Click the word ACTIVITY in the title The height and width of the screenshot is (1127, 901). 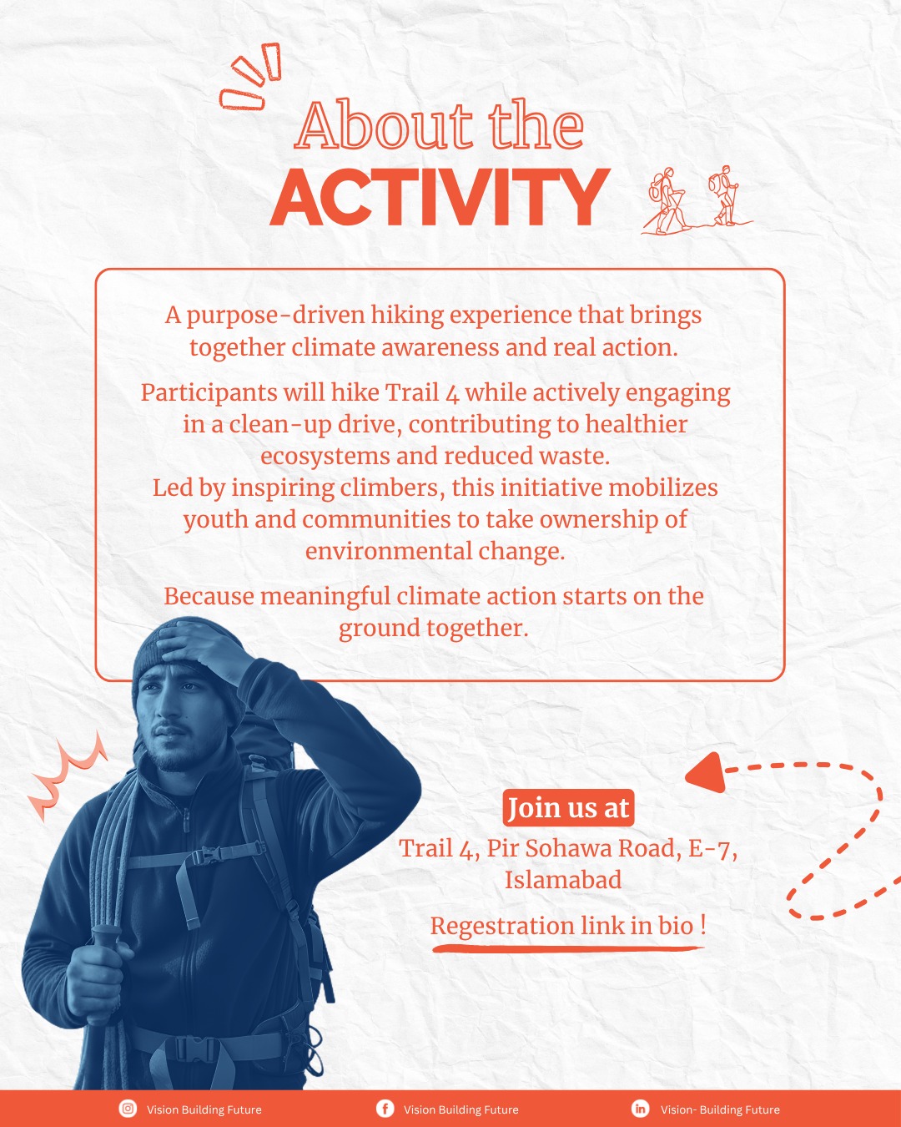tap(440, 198)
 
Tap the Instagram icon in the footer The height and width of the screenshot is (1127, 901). tap(128, 1108)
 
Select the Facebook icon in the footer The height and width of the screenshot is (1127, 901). tap(385, 1108)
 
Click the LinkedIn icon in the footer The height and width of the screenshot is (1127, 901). tap(640, 1108)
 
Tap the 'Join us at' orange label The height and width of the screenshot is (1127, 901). tap(568, 807)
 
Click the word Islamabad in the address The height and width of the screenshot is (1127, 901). tap(563, 880)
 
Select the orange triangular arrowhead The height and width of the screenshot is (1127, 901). tap(707, 771)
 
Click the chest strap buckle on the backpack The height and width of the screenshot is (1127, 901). tap(204, 857)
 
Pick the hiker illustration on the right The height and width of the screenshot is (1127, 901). tap(725, 195)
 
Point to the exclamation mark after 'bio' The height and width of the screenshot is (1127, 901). tap(702, 925)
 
